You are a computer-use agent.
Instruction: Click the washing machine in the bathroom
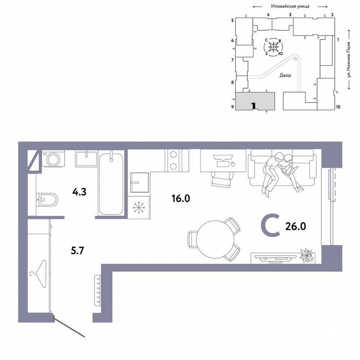click(53, 159)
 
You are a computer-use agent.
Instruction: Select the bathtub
click(111, 183)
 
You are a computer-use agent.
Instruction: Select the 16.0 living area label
click(180, 198)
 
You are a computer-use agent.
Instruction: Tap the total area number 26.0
click(296, 226)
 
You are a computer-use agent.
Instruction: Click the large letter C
click(270, 226)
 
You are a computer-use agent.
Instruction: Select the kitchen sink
click(138, 181)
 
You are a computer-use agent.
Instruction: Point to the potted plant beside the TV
click(307, 255)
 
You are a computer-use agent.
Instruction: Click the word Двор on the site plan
click(285, 75)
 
